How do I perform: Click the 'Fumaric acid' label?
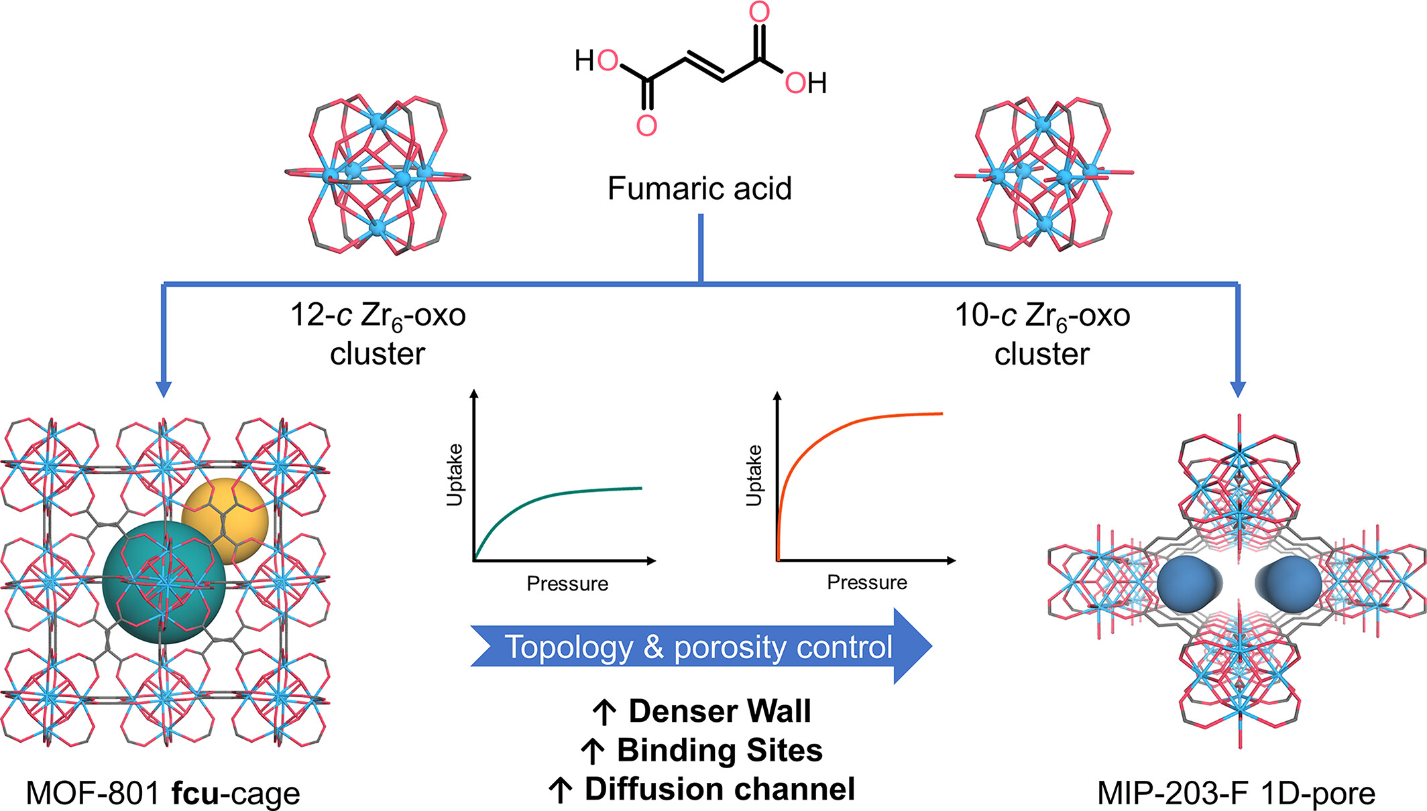point(699,188)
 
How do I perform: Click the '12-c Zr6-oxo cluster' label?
point(378,334)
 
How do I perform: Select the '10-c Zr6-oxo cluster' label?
point(1042,334)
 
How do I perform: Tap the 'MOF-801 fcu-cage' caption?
point(163,793)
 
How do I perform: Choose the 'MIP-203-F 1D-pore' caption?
point(1236,793)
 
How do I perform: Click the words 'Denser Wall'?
point(719,711)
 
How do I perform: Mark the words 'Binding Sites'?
point(719,750)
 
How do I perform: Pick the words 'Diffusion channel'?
point(719,789)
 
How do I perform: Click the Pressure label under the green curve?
point(567,584)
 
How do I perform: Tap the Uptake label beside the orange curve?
point(754,475)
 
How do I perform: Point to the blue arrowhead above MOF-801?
point(164,389)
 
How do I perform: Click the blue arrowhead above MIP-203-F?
point(1238,389)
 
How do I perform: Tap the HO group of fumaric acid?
point(596,61)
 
